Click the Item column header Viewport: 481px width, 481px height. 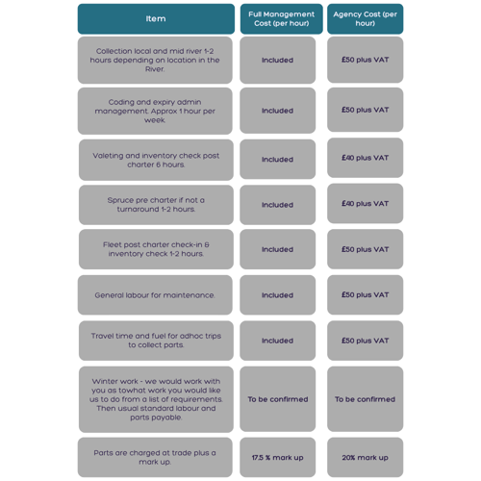[156, 19]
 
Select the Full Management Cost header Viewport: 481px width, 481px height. [282, 19]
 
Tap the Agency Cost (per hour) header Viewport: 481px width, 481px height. [366, 19]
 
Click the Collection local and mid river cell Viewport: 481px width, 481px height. [155, 60]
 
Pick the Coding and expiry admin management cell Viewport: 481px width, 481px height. [155, 111]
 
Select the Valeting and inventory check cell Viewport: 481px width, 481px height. [156, 160]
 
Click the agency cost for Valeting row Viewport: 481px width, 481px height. [366, 158]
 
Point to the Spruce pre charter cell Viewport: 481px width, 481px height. [156, 205]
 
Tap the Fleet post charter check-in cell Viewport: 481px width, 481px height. [156, 249]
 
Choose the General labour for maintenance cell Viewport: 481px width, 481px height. [155, 295]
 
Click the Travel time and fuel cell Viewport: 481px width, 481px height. [156, 341]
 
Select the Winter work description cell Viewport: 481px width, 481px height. [156, 399]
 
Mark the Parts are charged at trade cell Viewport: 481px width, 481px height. [155, 457]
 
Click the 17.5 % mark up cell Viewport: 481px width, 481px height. [278, 457]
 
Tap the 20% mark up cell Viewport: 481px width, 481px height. [366, 457]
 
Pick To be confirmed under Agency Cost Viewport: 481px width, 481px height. [366, 399]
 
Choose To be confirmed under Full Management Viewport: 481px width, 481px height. [278, 399]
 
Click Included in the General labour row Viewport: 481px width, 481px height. [278, 295]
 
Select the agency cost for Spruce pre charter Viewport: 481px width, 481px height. [366, 203]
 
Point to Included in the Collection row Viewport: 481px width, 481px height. [278, 60]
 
